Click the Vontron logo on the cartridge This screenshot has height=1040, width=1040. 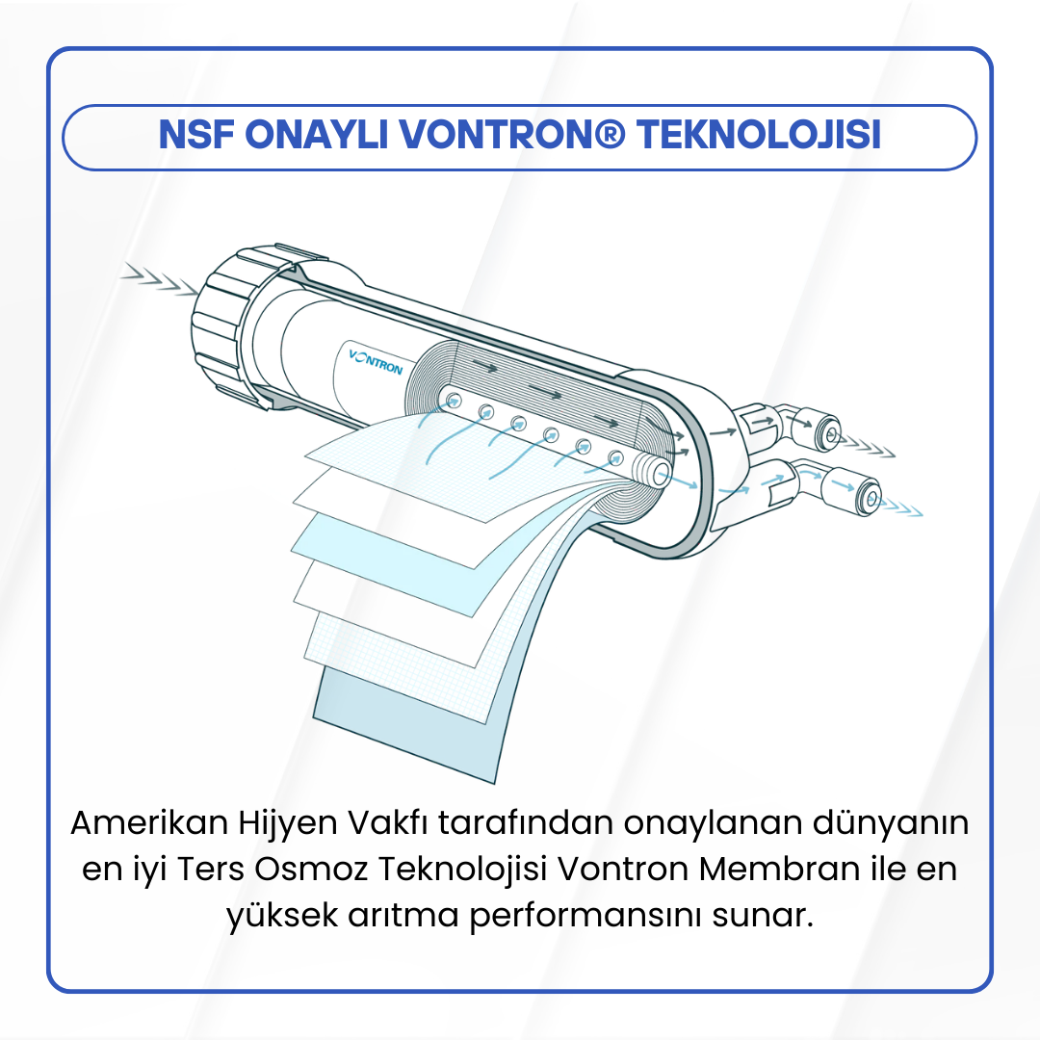[x=376, y=362]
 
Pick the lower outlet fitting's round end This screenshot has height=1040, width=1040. [x=870, y=497]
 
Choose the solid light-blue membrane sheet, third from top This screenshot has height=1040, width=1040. [x=385, y=539]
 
